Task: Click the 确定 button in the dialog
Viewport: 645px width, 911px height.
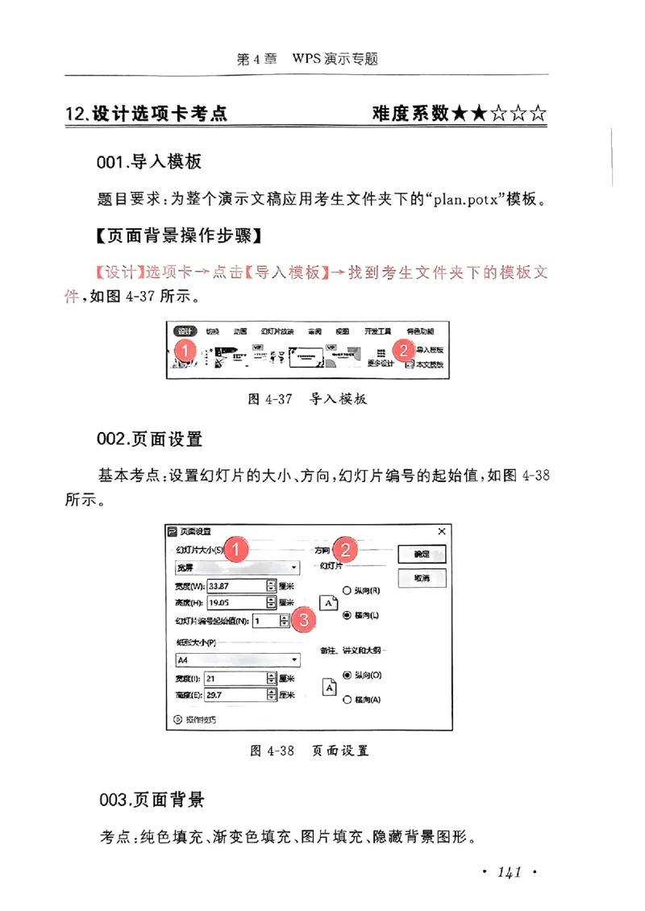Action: (422, 555)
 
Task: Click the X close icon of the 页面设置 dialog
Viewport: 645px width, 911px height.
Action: (441, 531)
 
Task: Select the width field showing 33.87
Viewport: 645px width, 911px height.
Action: (236, 586)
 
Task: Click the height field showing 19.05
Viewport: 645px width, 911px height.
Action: (236, 602)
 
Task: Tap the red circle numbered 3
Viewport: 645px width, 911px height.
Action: (303, 620)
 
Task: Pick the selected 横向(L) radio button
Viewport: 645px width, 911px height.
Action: (347, 615)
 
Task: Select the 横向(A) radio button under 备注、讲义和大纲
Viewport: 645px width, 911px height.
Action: (347, 701)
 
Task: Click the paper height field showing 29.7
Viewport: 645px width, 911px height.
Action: (234, 694)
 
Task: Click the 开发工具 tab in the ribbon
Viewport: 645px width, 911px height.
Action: (377, 331)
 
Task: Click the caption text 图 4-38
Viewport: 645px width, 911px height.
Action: (272, 751)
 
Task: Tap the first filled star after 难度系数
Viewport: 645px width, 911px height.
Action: (460, 114)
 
